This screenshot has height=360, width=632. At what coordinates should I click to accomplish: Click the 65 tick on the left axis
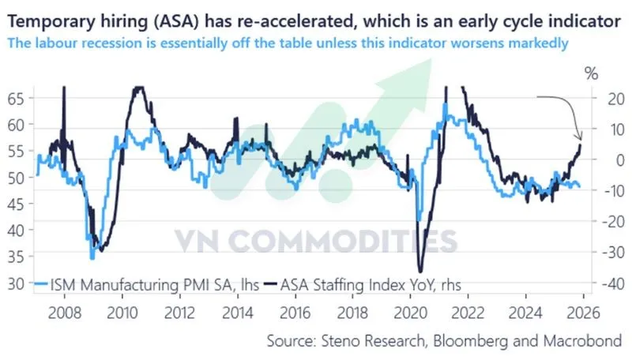(16, 99)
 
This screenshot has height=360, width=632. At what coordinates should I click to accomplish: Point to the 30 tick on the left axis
(16, 283)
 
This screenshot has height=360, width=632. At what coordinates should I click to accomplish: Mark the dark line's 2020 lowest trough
(420, 271)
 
